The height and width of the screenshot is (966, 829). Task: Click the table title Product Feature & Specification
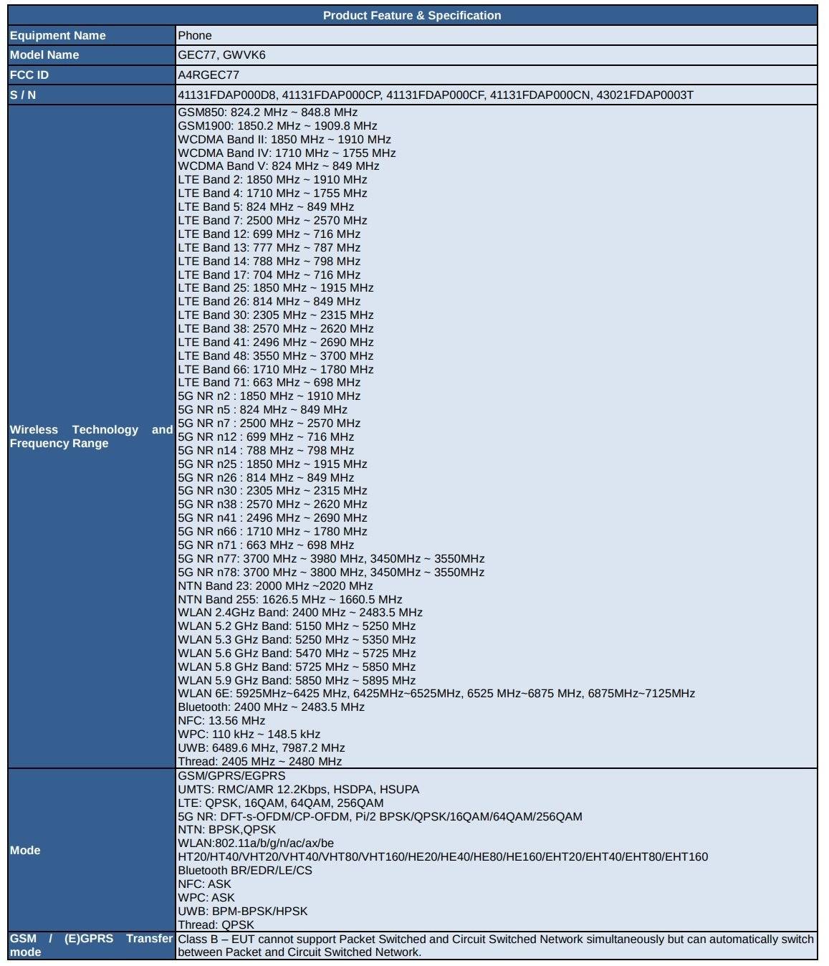[x=412, y=15]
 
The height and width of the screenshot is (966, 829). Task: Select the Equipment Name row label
[x=57, y=35]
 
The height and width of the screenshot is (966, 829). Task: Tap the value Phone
[x=195, y=35]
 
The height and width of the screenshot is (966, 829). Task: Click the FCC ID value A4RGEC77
[x=209, y=75]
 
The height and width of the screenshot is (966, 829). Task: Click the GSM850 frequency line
[x=267, y=112]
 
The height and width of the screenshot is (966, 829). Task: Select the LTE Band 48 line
[x=275, y=355]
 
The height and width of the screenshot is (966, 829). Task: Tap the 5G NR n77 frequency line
[x=331, y=558]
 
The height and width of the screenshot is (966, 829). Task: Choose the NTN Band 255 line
[x=289, y=599]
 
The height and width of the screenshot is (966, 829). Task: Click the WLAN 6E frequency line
[x=436, y=693]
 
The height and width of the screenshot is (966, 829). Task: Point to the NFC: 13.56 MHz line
[x=221, y=720]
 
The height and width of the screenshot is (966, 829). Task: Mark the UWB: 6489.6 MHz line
[x=261, y=747]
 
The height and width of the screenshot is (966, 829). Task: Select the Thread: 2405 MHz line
[x=259, y=761]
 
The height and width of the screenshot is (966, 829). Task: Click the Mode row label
[x=25, y=850]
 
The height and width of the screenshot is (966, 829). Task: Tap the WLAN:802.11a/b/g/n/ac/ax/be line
[x=255, y=843]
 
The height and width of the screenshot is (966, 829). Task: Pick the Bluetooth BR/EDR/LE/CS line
[x=244, y=870]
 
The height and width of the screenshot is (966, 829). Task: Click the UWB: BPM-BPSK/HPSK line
[x=242, y=911]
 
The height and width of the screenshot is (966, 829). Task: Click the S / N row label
[x=23, y=95]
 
